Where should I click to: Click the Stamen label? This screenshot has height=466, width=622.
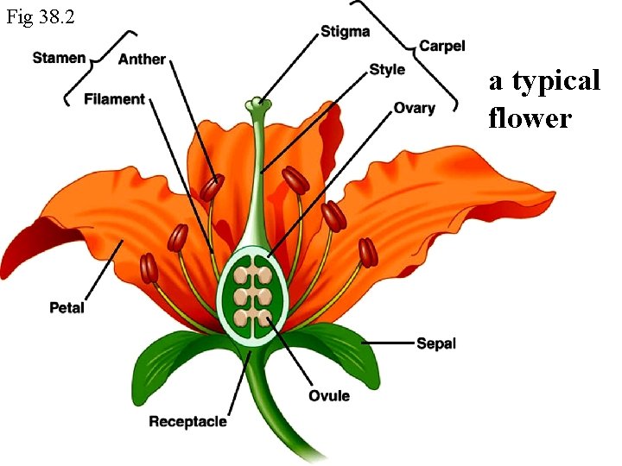(59, 58)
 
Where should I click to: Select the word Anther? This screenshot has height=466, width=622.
(142, 60)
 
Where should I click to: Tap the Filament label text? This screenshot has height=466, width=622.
(114, 99)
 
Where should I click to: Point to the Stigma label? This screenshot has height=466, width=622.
(345, 32)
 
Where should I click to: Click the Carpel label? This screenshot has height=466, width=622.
(441, 46)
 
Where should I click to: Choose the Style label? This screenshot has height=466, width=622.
(386, 69)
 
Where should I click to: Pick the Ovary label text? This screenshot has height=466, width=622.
(414, 109)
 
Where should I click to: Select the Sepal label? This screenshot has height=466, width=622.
(436, 343)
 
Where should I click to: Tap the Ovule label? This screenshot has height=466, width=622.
(329, 395)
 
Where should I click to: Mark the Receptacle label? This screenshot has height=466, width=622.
(187, 421)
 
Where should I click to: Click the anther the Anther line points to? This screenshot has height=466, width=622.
(213, 186)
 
